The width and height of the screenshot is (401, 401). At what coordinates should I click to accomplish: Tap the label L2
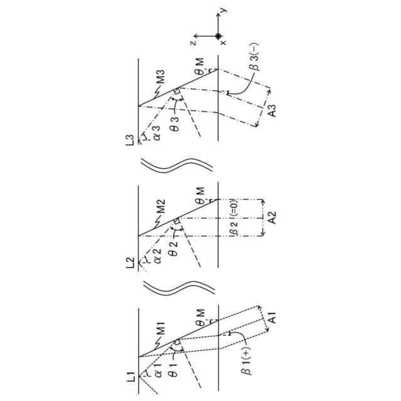tap(130, 263)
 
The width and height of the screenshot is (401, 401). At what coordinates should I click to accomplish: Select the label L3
tap(130, 140)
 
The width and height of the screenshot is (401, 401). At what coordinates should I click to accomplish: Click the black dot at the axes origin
tap(218, 36)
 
